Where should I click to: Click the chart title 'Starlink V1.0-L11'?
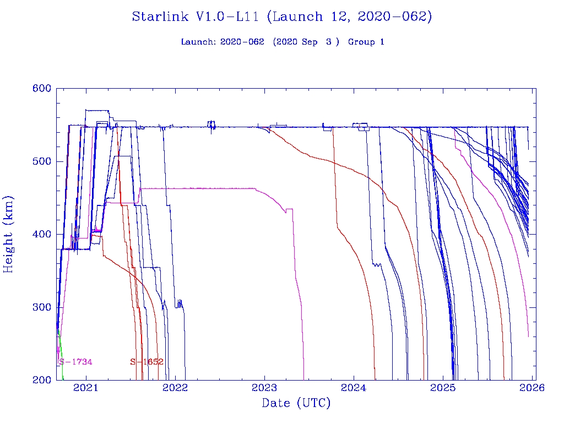tap(196, 17)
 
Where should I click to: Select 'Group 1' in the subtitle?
tap(366, 42)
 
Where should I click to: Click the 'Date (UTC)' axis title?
tap(296, 404)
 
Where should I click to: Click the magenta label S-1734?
tap(75, 362)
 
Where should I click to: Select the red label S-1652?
tap(147, 362)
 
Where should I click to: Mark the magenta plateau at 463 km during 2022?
tap(198, 188)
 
